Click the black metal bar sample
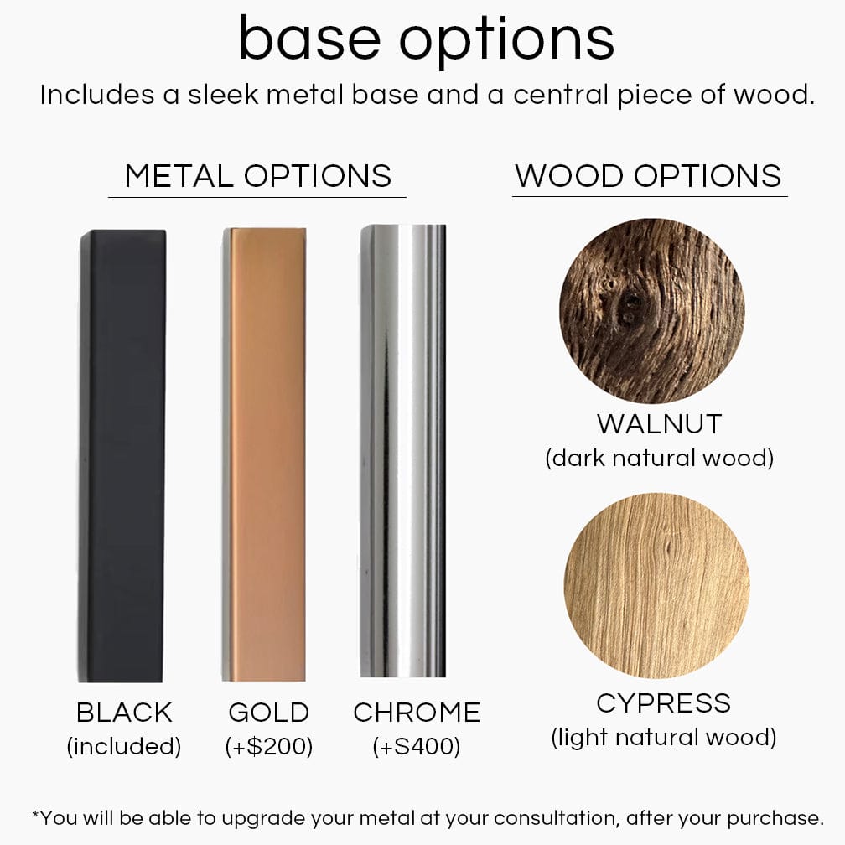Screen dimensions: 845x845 [122, 456]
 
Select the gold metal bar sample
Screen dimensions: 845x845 [264, 454]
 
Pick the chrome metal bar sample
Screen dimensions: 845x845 [403, 450]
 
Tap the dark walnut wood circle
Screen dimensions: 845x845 [652, 311]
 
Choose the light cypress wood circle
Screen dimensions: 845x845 [657, 585]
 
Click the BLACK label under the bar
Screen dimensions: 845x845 [124, 713]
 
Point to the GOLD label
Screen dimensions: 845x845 [268, 713]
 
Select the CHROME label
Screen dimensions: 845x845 [417, 713]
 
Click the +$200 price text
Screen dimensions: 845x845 [269, 746]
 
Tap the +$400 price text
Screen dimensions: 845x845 [417, 746]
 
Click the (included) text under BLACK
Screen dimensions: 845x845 [124, 746]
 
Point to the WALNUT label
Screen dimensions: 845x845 [659, 424]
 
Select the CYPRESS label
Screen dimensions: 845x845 [663, 703]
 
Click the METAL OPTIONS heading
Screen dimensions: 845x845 [257, 176]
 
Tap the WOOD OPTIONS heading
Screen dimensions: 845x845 [648, 176]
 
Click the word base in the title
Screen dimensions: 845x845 [310, 39]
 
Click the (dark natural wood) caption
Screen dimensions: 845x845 [659, 458]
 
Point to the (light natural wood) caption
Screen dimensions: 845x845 [663, 737]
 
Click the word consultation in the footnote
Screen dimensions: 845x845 [555, 818]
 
